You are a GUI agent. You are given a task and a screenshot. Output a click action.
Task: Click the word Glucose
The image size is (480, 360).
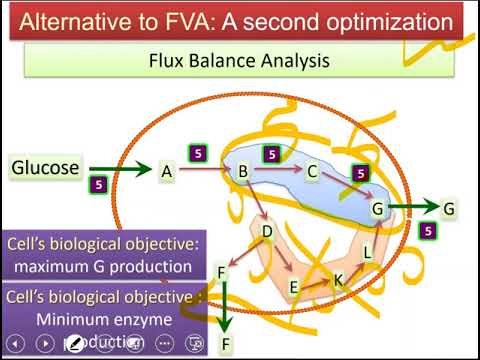[x=45, y=167]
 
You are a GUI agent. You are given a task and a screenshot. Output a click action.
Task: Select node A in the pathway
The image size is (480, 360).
[x=167, y=172]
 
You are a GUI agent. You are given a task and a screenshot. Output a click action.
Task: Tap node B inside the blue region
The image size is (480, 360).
[x=242, y=172]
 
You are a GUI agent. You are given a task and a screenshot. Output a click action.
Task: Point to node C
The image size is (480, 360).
[x=312, y=172]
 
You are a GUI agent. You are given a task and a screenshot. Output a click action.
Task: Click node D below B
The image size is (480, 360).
[x=267, y=232]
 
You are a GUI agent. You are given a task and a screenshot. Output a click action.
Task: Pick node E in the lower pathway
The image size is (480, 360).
[x=294, y=288]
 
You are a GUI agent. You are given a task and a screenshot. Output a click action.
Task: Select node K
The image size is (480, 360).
[x=338, y=282]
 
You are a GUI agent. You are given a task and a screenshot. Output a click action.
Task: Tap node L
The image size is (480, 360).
[x=367, y=253]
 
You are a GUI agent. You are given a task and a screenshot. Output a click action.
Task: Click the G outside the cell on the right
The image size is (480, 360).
[x=449, y=208]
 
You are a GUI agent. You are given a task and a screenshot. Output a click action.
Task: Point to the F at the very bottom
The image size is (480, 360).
[x=225, y=346]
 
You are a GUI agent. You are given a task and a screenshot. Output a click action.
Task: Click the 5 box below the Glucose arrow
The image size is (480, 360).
[x=98, y=185]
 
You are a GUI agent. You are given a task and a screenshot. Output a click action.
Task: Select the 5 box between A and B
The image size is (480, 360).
[x=198, y=153]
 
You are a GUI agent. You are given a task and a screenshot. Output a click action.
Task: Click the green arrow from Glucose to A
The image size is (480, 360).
[x=119, y=170]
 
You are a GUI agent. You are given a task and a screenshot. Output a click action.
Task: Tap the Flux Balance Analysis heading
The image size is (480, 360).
[x=239, y=61]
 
